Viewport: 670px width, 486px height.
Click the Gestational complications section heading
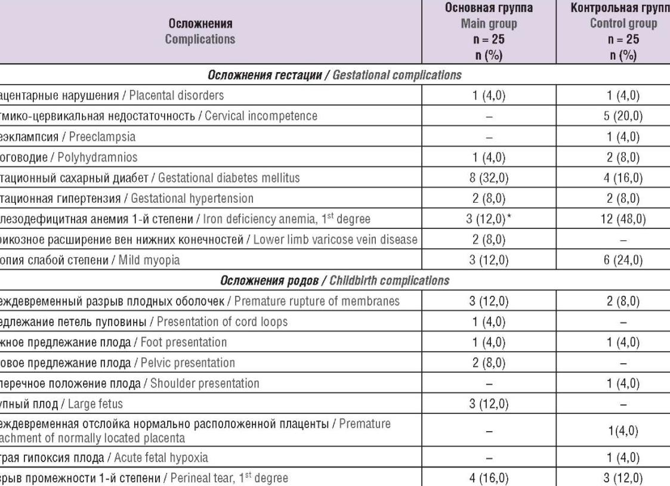pos(335,78)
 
